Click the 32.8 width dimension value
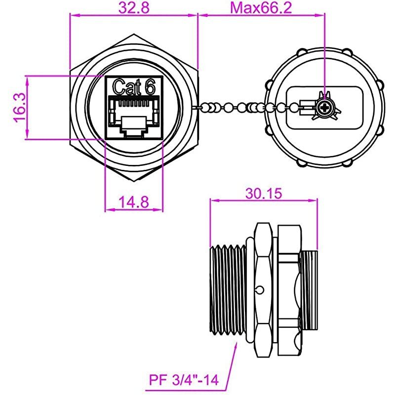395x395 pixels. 133,8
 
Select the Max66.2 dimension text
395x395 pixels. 262,8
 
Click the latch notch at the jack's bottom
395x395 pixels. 133,132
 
